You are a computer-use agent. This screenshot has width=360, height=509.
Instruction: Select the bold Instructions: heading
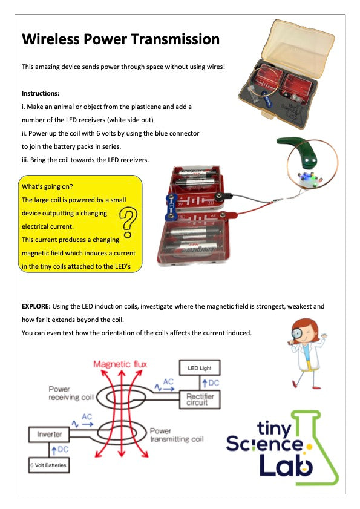click(41, 94)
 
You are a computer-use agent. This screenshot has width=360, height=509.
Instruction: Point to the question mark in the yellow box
click(127, 222)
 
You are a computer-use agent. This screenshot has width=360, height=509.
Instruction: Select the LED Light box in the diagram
click(199, 368)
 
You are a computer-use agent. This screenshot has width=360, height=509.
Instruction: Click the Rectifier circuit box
click(200, 399)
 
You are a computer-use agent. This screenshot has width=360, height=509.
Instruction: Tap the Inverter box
click(48, 434)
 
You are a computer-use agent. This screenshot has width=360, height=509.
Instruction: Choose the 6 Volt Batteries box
click(48, 465)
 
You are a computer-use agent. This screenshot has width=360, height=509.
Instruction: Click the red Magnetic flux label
click(119, 364)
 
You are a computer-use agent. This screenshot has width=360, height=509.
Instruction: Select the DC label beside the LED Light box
click(212, 383)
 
